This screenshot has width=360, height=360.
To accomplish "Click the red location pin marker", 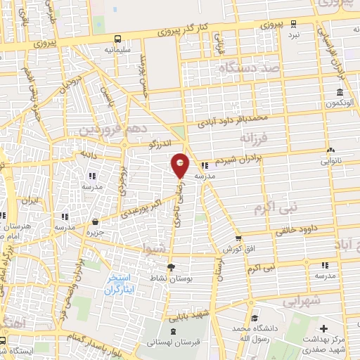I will (181, 165).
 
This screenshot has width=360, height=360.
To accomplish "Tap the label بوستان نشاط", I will (170, 278).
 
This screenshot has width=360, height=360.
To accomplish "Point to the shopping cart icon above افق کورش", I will (239, 238).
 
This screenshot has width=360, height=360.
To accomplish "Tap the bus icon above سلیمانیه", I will (118, 39).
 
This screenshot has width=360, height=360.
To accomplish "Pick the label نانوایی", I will (330, 160).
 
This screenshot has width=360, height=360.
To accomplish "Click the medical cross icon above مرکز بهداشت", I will (323, 329).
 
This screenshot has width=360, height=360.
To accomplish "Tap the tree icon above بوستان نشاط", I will (170, 267).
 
